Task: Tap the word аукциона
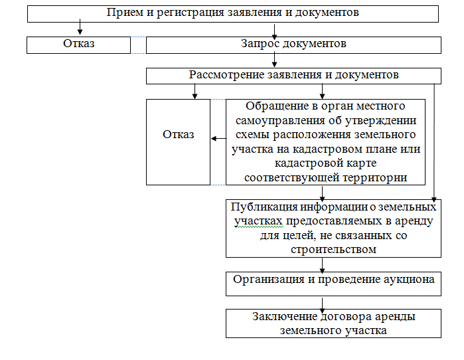pos(408,280)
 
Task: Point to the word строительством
pos(334,250)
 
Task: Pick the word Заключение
pos(281,316)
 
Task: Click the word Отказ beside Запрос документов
pos(79,45)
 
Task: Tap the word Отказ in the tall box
pos(178,135)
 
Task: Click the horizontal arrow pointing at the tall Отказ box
pos(218,139)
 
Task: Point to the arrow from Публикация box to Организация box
pos(323,264)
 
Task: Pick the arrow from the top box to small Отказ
pos(80,29)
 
